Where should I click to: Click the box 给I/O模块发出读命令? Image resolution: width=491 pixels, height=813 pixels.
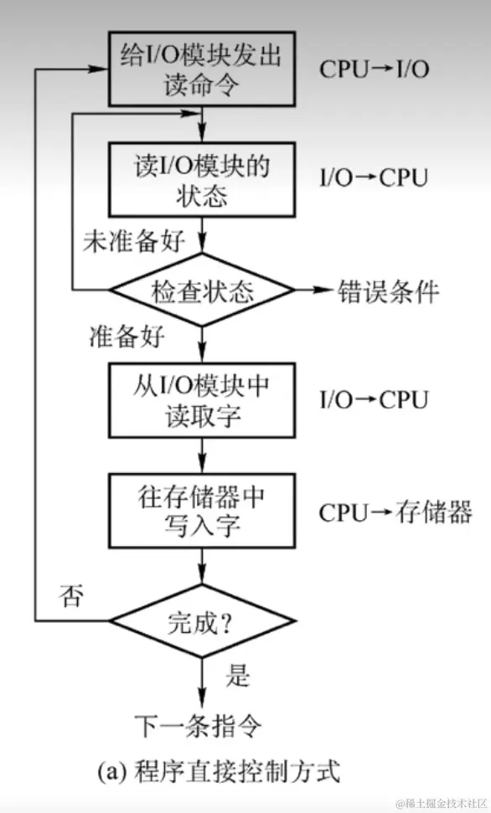pos(201,68)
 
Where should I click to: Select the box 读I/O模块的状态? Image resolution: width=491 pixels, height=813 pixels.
pos(201,179)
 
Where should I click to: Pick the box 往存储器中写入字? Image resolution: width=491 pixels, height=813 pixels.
pos(201,512)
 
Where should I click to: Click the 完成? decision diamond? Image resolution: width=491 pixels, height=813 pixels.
pos(202,621)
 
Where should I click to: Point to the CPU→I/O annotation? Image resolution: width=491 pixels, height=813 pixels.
pos(374,68)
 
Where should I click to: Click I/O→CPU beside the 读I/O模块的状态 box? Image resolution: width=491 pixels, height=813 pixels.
pos(374,178)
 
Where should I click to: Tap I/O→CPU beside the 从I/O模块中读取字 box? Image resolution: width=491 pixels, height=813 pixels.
pos(374,399)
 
